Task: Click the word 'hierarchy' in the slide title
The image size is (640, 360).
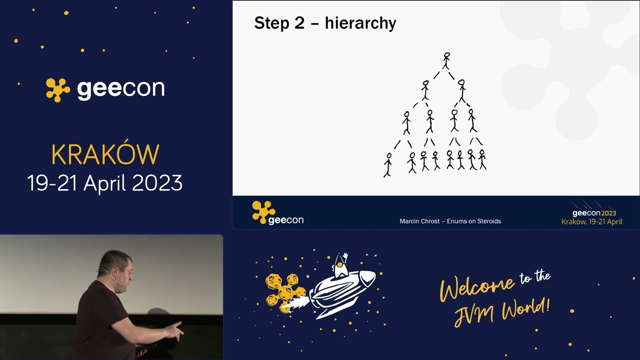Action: (x=360, y=23)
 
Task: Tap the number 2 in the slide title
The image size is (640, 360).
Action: (x=299, y=23)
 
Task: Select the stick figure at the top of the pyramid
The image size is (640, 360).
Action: (x=446, y=60)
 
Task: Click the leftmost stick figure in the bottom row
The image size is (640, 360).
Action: (x=387, y=164)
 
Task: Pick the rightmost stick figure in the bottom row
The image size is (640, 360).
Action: (x=482, y=159)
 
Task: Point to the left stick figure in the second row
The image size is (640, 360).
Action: (x=425, y=90)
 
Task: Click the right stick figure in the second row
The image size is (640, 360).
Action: (x=461, y=90)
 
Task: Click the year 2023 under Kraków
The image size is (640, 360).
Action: (x=157, y=183)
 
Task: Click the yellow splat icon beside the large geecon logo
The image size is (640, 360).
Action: (x=58, y=90)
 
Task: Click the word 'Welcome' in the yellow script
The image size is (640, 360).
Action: (x=477, y=288)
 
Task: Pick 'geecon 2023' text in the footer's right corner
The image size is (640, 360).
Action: (x=594, y=213)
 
